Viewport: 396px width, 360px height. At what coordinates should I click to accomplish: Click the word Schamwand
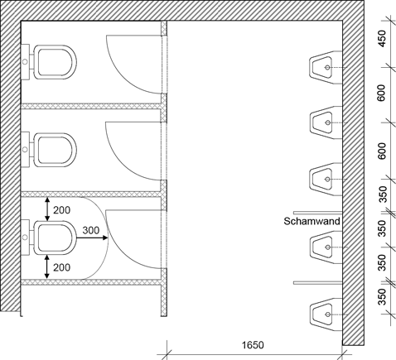point(311,221)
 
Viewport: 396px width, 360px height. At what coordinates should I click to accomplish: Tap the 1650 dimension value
point(253,345)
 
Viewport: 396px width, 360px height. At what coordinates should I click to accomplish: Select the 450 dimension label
point(382,39)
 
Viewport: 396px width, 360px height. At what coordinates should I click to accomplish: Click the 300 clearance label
point(90,230)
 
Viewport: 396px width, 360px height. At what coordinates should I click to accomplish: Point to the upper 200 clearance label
point(62,210)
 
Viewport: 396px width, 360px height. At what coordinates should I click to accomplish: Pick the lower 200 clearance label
point(62,267)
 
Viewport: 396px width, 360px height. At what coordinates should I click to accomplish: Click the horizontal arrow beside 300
point(92,238)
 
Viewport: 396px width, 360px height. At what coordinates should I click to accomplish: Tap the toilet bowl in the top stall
point(55,62)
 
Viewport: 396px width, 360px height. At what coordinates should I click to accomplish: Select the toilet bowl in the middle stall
point(55,150)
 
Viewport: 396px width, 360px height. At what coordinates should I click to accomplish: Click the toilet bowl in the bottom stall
point(55,238)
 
